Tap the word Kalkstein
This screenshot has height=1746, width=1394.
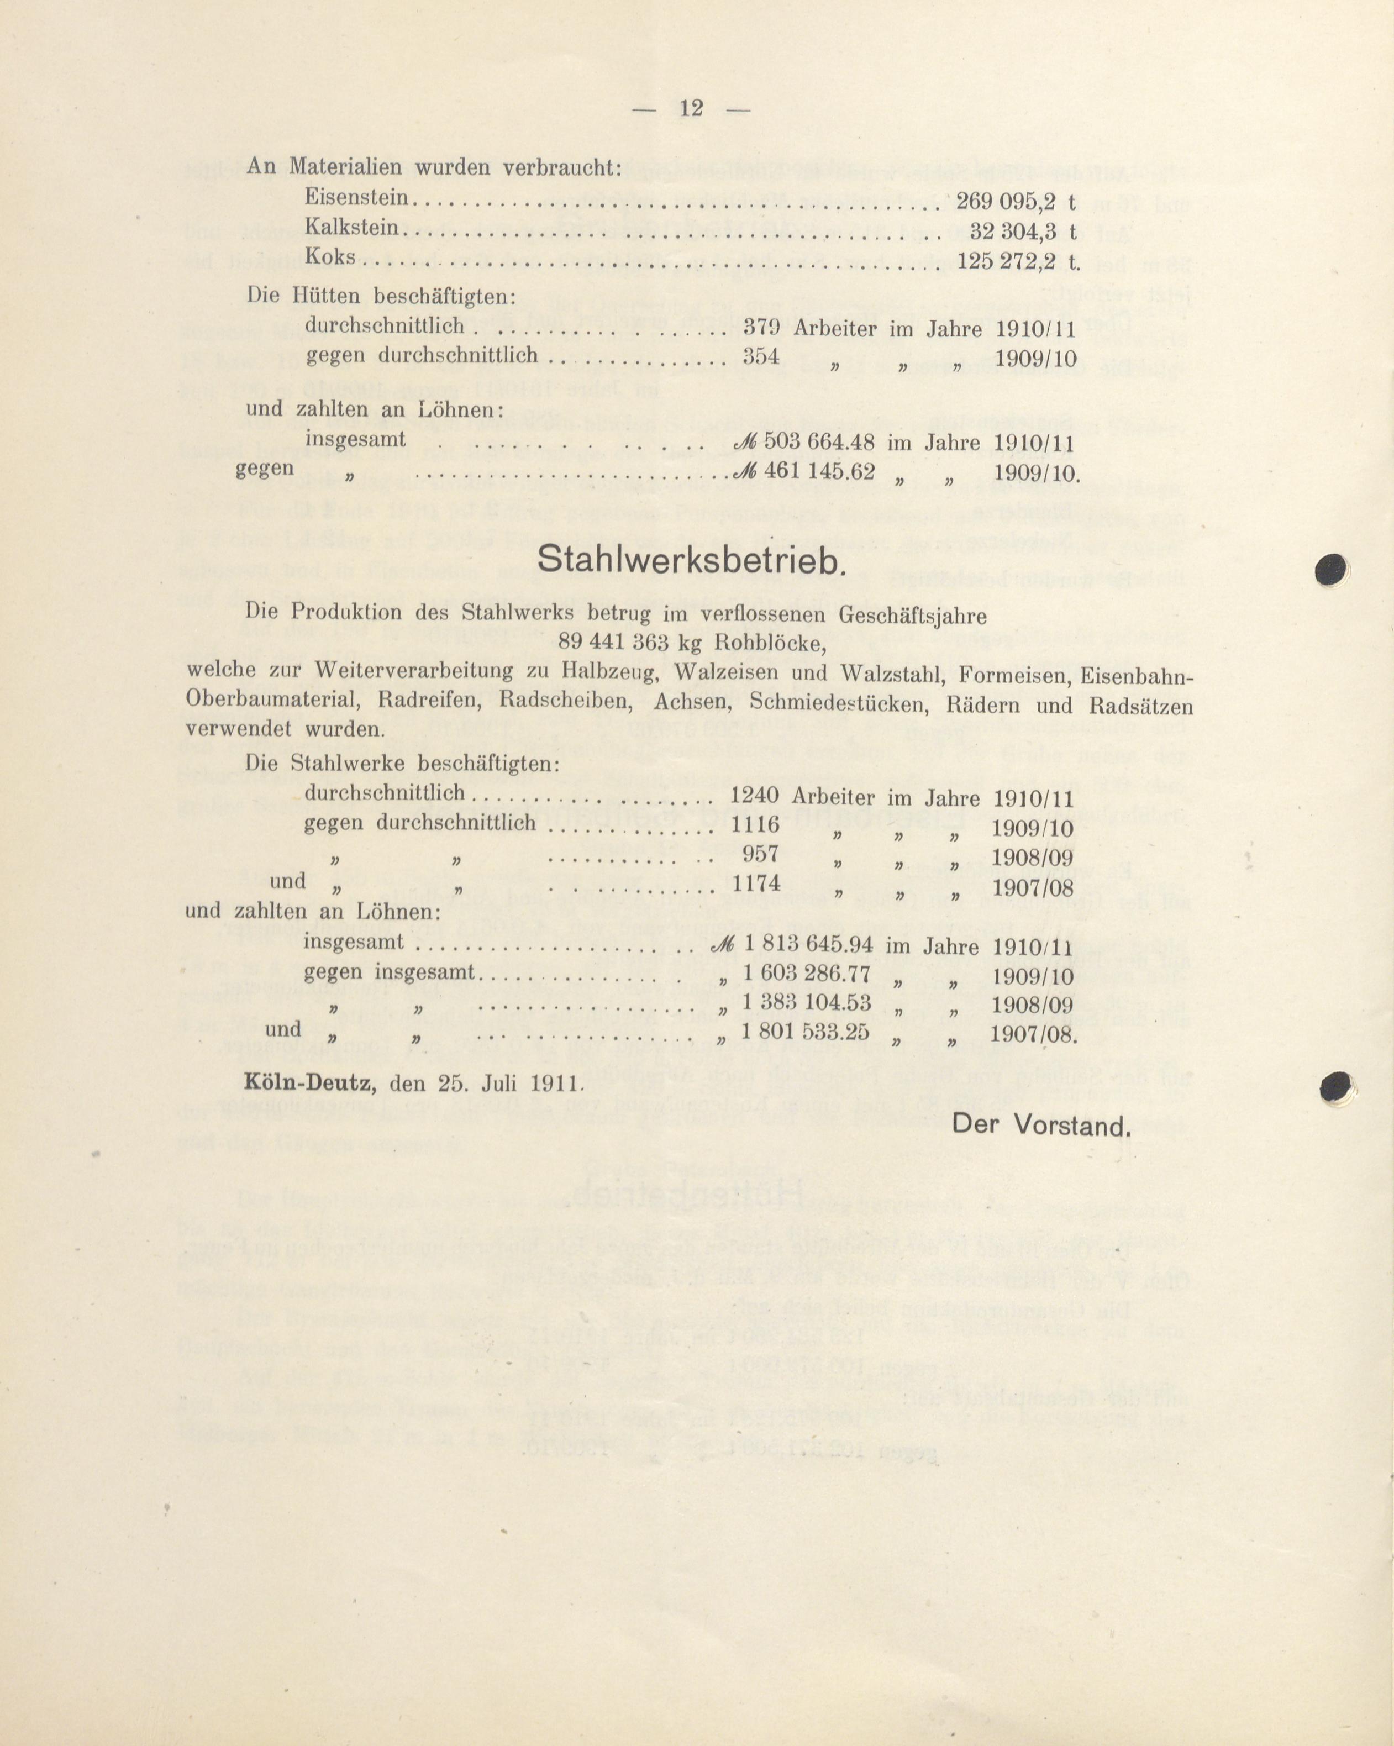353,228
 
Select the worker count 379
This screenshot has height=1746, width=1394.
761,327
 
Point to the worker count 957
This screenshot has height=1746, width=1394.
761,854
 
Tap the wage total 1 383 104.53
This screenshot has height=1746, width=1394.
806,1003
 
